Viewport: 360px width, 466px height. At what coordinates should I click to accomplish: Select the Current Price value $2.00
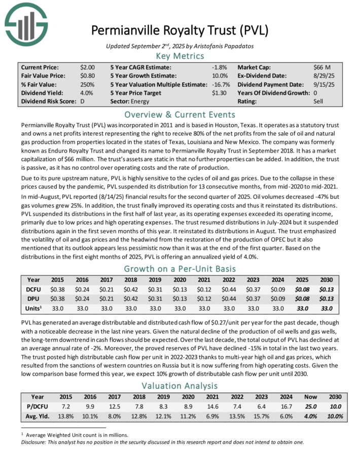pyautogui.click(x=87, y=66)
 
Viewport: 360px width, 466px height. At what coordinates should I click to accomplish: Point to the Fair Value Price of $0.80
pyautogui.click(x=87, y=75)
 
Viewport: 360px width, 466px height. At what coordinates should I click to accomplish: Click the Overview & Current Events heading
pyautogui.click(x=180, y=114)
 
